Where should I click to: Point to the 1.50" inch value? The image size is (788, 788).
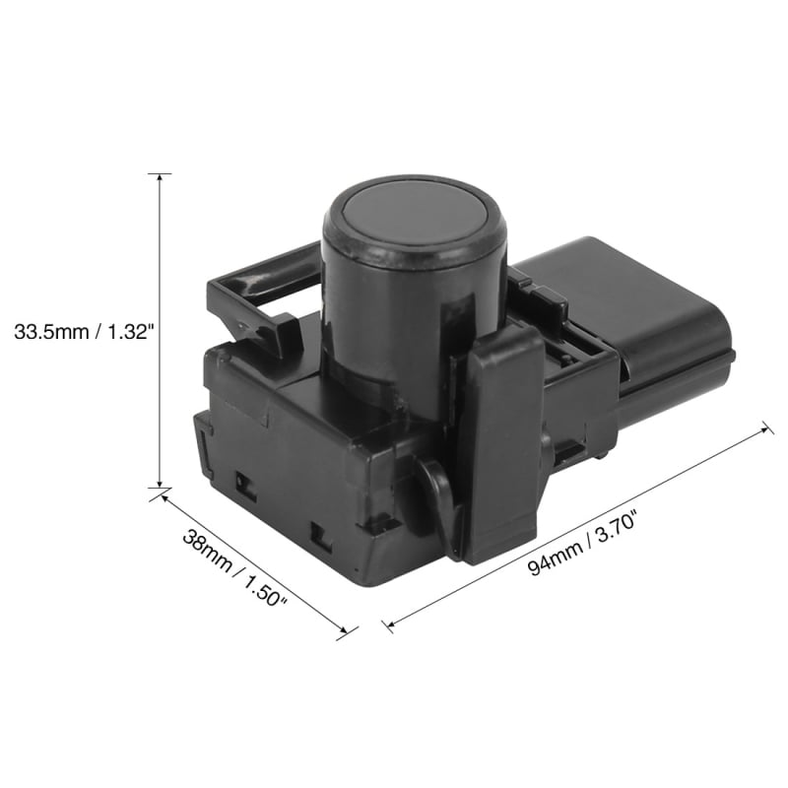[x=260, y=598]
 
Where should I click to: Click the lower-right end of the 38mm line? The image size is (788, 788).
[x=346, y=631]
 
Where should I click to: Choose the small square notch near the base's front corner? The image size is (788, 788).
[x=320, y=535]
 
